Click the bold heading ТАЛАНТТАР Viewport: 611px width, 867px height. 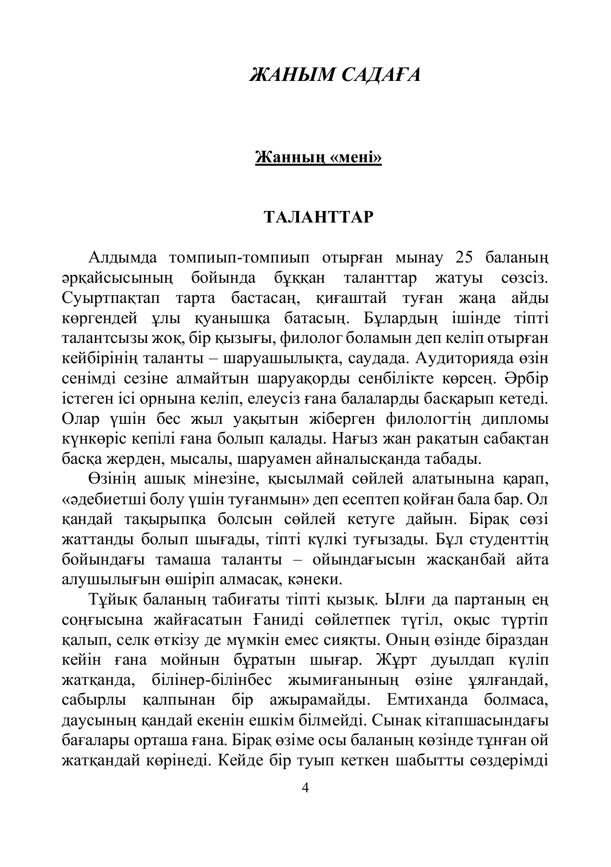click(318, 218)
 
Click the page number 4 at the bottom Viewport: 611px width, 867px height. click(304, 788)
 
